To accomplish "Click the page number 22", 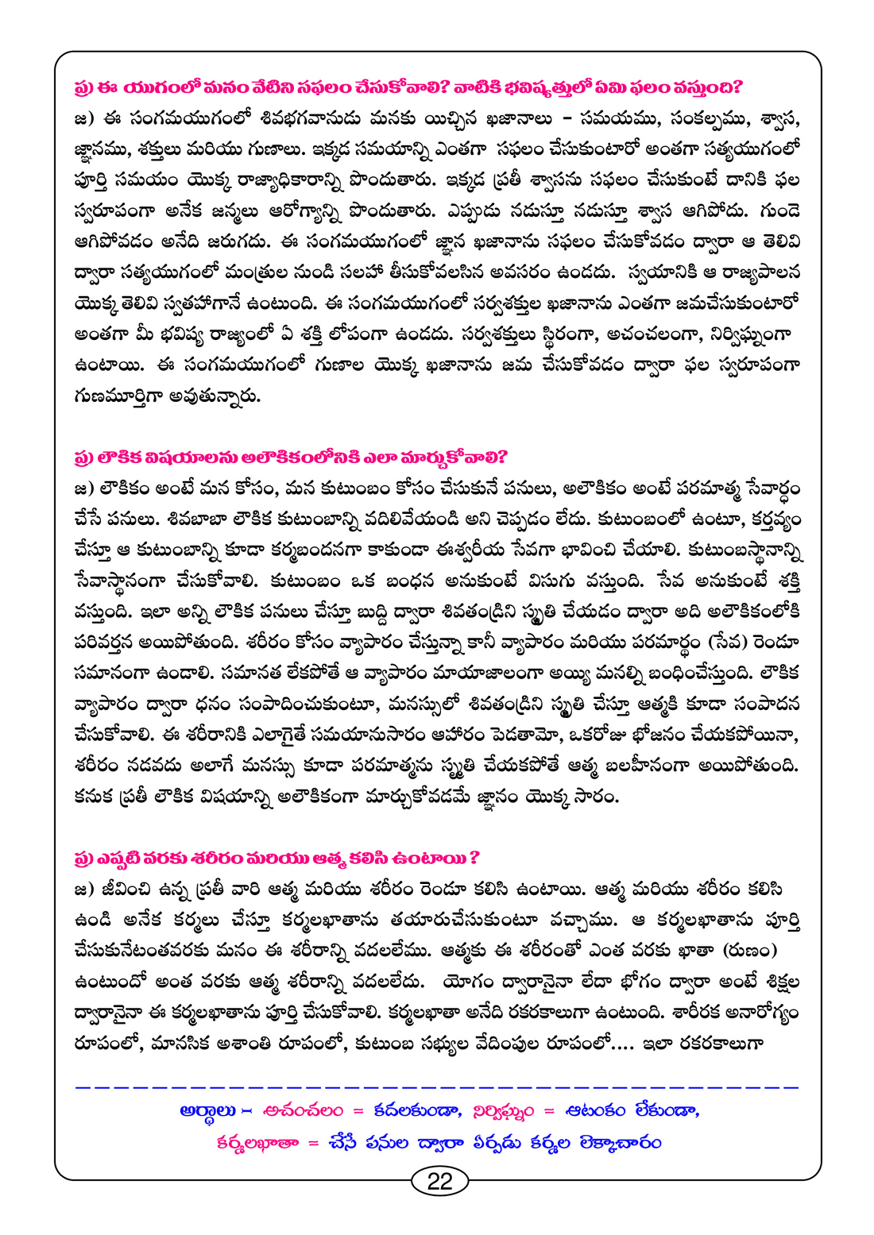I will pos(439,1181).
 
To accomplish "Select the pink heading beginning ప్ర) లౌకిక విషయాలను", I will pos(290,457).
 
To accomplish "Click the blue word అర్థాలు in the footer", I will pos(208,1111).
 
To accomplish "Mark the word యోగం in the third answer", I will pos(478,982).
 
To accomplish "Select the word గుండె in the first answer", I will pos(779,211).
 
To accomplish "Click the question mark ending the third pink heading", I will pos(474,859).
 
